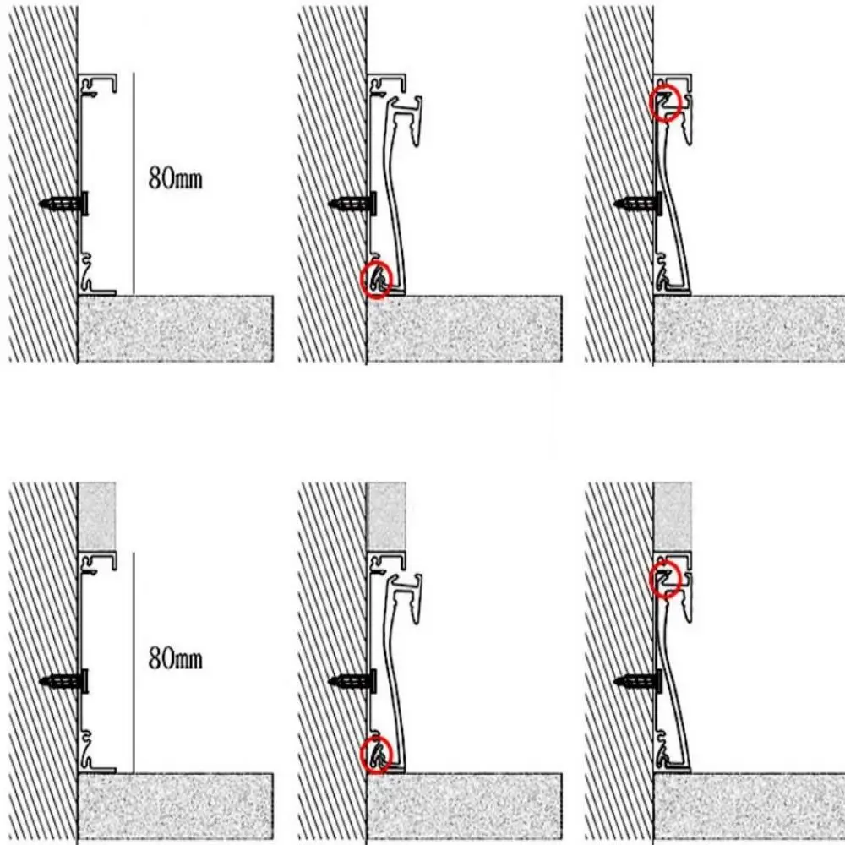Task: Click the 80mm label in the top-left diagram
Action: pos(176,179)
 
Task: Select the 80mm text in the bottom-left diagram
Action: pos(176,657)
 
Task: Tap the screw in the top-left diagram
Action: pos(66,204)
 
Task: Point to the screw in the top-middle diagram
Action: pos(353,204)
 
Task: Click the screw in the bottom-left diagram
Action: pos(66,681)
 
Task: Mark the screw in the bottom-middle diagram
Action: pos(353,681)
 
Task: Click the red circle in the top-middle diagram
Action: pos(377,281)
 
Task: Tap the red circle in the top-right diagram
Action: pos(666,103)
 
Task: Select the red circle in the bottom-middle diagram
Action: pos(377,755)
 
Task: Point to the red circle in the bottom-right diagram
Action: pos(666,580)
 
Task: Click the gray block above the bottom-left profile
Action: pos(96,515)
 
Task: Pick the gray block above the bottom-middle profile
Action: pos(386,515)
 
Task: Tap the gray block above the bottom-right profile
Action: pos(673,515)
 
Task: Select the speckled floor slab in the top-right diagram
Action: pos(749,329)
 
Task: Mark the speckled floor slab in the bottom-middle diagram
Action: pos(464,806)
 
